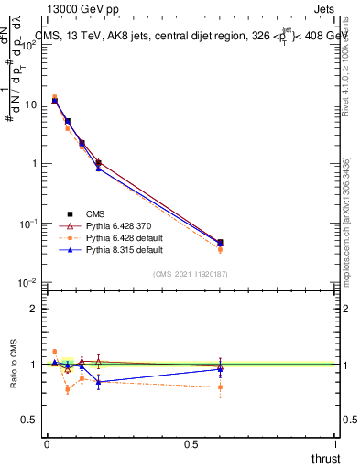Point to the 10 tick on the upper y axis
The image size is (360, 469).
coord(29,104)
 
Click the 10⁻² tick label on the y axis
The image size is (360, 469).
coord(27,283)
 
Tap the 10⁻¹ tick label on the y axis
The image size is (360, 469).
coord(27,224)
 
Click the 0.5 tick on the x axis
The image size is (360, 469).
coord(191,444)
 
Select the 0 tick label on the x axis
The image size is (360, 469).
coord(46,444)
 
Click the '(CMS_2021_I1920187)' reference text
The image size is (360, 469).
coord(191,274)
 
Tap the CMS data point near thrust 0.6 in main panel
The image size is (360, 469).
coord(220,243)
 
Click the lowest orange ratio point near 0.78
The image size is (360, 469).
coord(68,389)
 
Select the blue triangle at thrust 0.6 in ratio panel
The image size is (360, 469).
coord(220,368)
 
